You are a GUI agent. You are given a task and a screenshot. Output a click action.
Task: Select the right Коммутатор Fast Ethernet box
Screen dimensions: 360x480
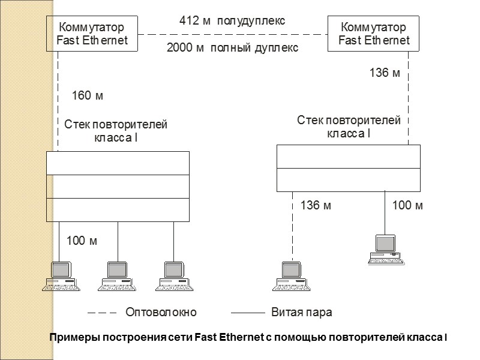[x=373, y=34]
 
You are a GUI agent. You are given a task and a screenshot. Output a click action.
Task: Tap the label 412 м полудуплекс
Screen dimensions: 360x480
[x=232, y=21]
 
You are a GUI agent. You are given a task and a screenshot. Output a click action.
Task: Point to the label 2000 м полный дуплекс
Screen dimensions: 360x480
[x=232, y=48]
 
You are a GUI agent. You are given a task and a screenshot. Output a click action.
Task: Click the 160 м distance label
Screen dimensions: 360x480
[x=88, y=95]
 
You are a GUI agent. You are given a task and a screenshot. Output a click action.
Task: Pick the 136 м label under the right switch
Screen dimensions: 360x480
[x=385, y=73]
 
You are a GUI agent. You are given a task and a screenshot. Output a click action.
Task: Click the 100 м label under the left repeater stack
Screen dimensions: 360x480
[x=82, y=241]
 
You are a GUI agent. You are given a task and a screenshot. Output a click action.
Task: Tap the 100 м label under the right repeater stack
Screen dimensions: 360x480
[x=407, y=206]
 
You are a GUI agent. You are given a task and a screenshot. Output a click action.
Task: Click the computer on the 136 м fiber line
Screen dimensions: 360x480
[x=290, y=277]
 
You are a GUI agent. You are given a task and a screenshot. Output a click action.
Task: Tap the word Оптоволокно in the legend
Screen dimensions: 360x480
[x=161, y=313]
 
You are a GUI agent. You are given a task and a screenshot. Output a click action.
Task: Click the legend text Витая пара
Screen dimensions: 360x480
[x=302, y=313]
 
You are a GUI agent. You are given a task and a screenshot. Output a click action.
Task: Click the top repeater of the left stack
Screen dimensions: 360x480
[x=118, y=163]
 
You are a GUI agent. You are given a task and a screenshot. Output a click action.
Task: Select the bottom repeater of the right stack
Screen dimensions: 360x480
[x=348, y=179]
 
